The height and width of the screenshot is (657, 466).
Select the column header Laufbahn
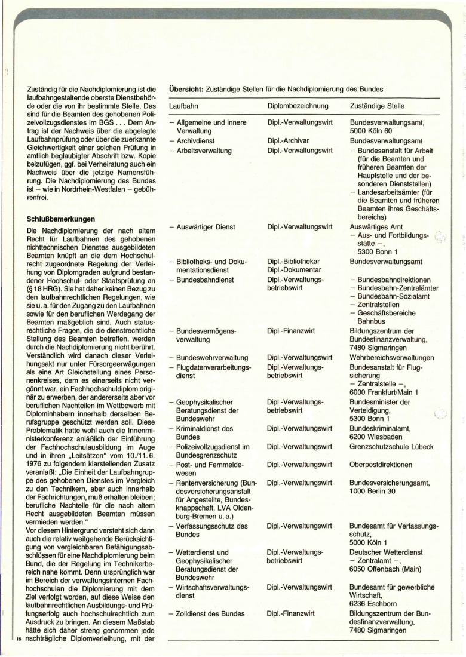point(185,106)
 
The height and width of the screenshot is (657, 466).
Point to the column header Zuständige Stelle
point(378,106)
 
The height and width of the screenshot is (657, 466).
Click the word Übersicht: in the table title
point(186,90)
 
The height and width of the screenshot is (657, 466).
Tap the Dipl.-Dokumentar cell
point(293,271)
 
